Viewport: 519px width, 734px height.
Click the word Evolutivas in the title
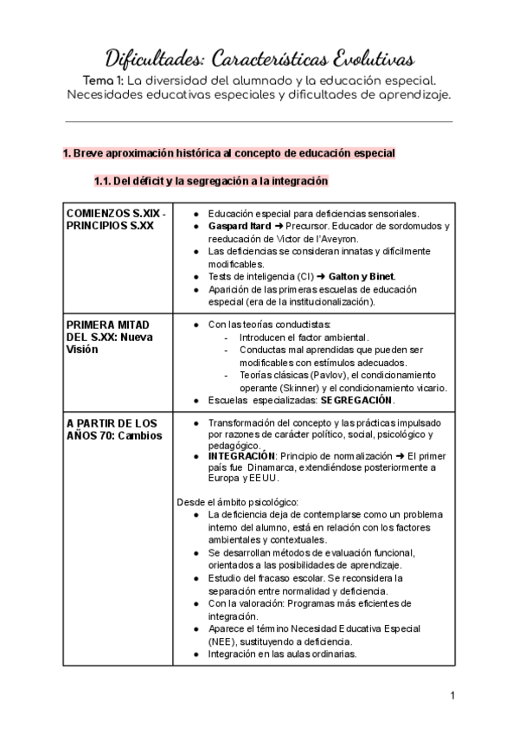point(363,59)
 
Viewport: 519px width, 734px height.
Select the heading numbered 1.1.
point(211,182)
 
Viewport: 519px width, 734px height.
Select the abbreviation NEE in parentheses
point(219,641)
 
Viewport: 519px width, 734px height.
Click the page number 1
point(452,695)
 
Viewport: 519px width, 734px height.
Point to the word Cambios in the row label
point(140,435)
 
